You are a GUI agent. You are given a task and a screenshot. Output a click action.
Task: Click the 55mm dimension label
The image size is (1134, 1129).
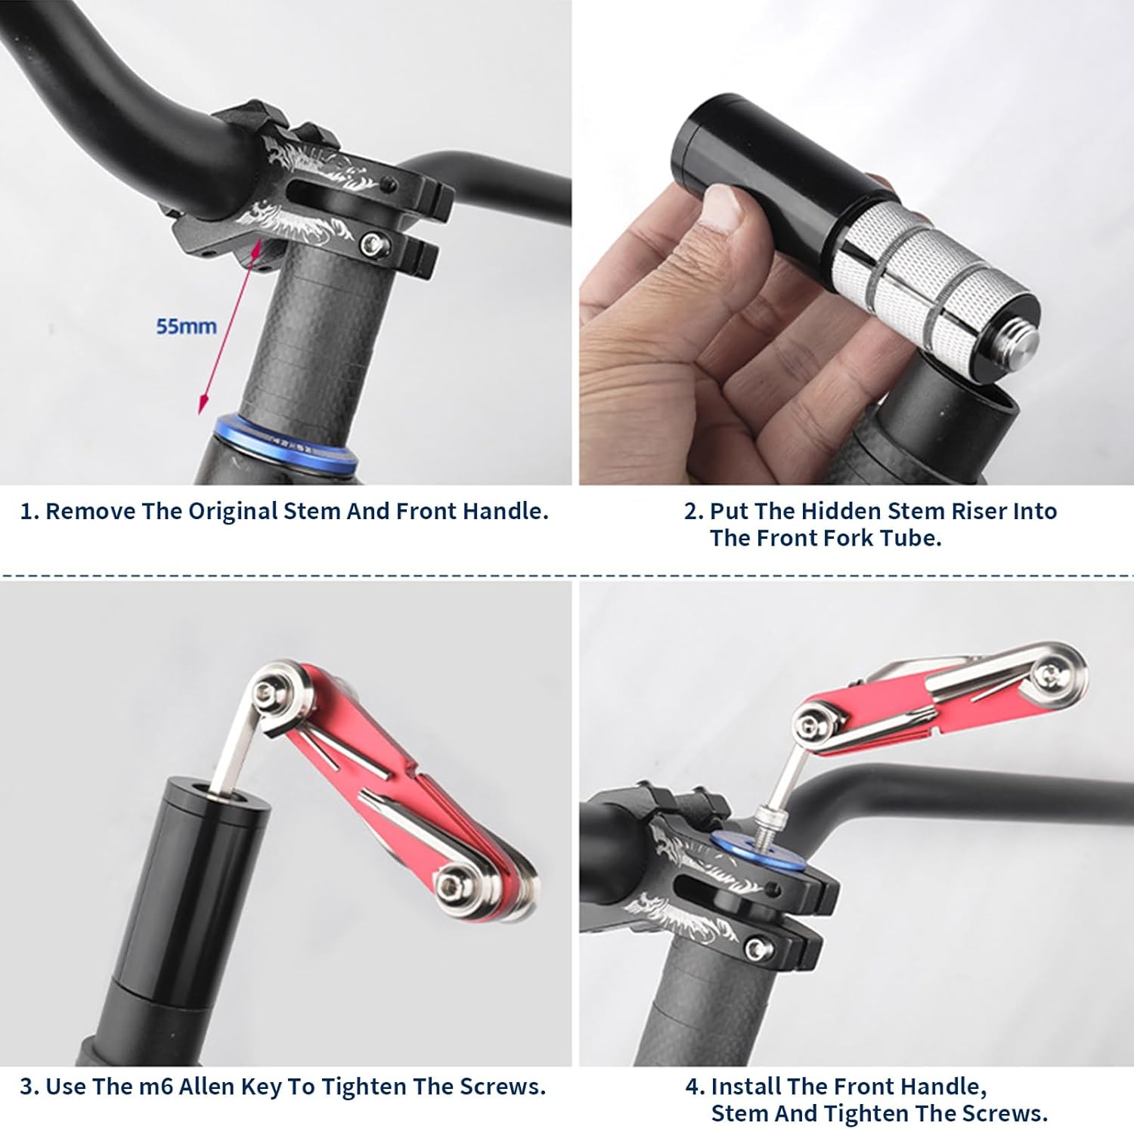(186, 326)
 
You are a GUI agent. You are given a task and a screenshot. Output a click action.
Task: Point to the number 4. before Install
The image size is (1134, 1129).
(695, 1087)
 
